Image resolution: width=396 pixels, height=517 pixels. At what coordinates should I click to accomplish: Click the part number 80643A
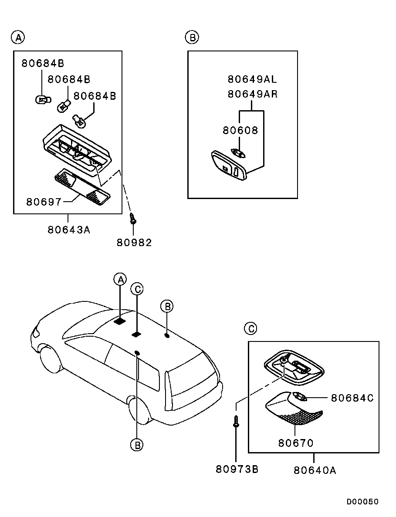coord(69,229)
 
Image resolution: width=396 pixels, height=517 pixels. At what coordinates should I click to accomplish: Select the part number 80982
coord(134,243)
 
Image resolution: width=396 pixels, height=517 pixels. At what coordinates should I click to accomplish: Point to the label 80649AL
coord(252,79)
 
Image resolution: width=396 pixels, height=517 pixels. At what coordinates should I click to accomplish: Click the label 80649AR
coord(252,94)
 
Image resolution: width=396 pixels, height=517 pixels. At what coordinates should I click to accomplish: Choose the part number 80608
coord(240,130)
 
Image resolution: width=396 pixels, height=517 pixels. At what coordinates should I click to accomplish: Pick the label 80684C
coord(352,398)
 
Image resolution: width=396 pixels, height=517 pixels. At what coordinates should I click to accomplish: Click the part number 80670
coord(296,443)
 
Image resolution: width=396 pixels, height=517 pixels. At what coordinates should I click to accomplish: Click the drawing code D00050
coord(362,502)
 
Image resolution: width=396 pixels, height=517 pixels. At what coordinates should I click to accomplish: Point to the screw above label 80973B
coord(236,421)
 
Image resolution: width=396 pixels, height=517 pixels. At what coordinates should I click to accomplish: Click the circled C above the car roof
coord(137,288)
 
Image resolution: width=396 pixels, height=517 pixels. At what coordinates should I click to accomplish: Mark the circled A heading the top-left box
coord(17,38)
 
